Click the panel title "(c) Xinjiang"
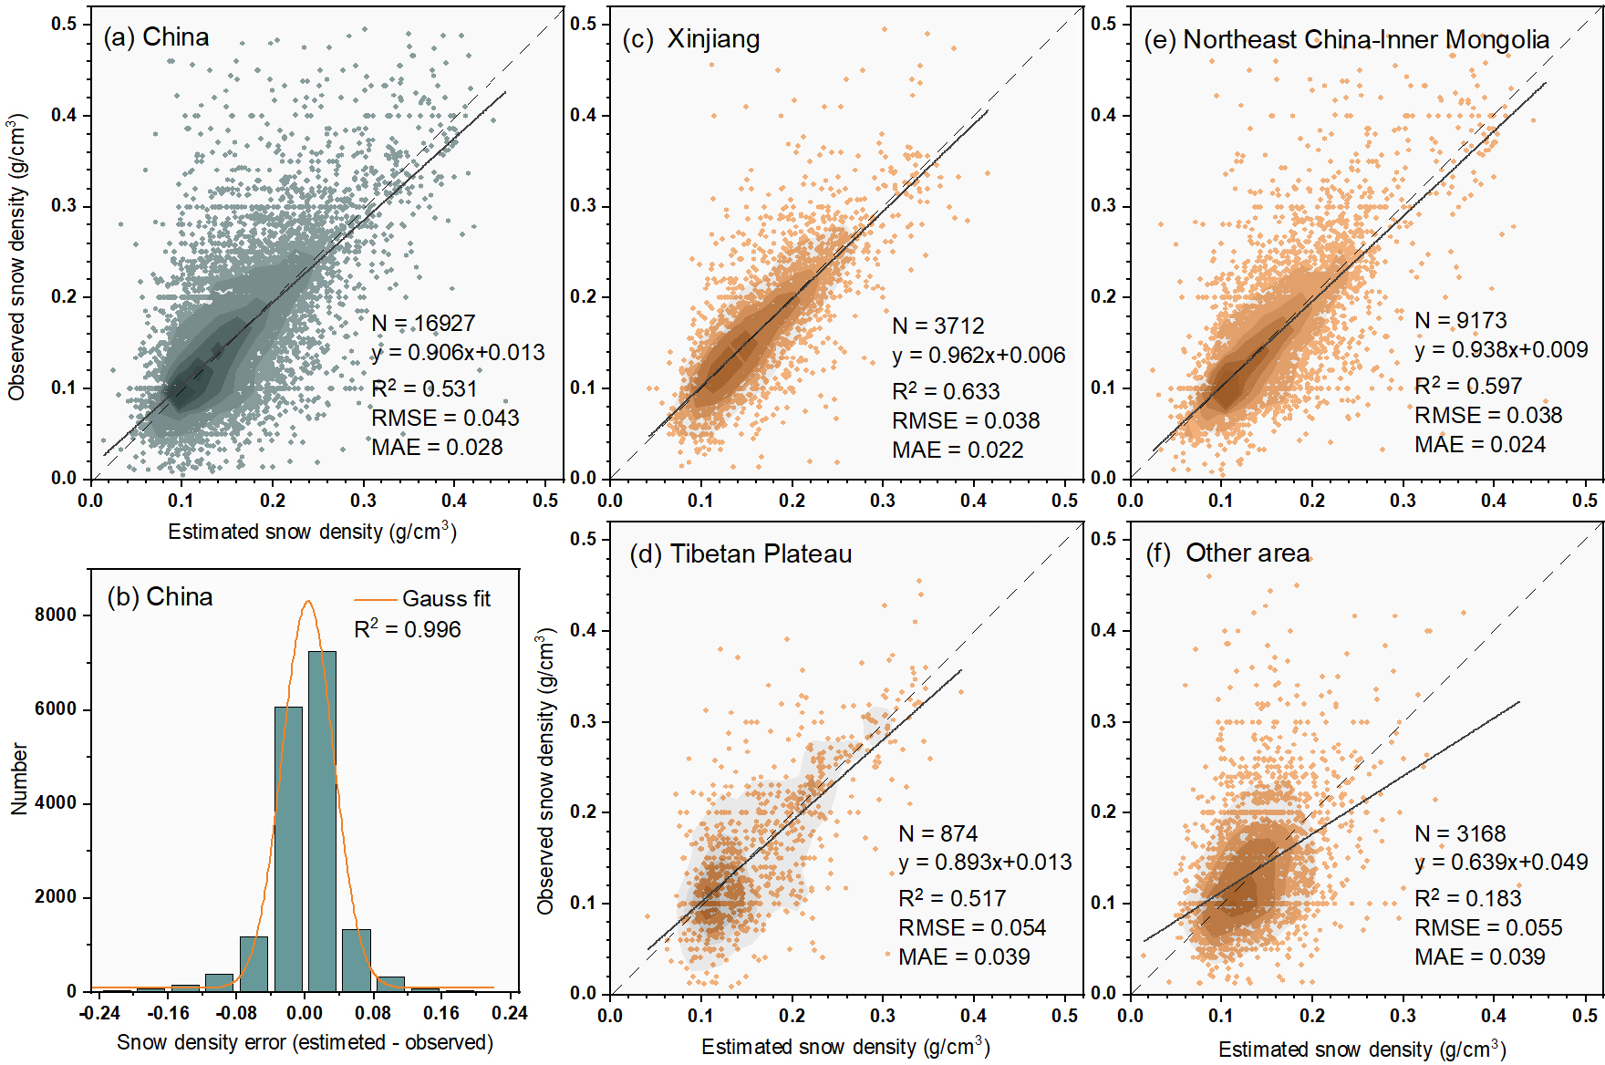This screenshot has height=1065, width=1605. (690, 39)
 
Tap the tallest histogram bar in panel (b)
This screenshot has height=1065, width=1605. (322, 821)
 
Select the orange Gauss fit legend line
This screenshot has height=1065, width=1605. (376, 599)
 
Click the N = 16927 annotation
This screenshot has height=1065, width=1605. (423, 324)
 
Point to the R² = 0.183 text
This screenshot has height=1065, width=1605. (1467, 898)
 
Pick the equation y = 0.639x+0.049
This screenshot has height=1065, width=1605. (1501, 862)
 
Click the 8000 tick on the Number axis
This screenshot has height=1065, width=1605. (56, 615)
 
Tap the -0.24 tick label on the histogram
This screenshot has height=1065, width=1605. (99, 1013)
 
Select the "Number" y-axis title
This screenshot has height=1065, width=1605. (19, 779)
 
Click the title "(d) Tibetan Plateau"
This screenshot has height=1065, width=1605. (740, 554)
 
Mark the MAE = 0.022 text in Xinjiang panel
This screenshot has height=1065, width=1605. (958, 450)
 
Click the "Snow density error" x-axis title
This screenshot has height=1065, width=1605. (305, 1042)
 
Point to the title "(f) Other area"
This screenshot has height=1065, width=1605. (1227, 553)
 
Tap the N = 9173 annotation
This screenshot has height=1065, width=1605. (1461, 320)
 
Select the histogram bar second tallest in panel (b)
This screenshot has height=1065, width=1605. (288, 848)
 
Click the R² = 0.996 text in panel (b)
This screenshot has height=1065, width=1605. (407, 629)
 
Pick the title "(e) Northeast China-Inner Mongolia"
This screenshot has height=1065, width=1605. (1346, 40)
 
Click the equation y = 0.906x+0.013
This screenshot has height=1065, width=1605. (458, 353)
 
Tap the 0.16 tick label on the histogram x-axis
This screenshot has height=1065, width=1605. (440, 1013)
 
